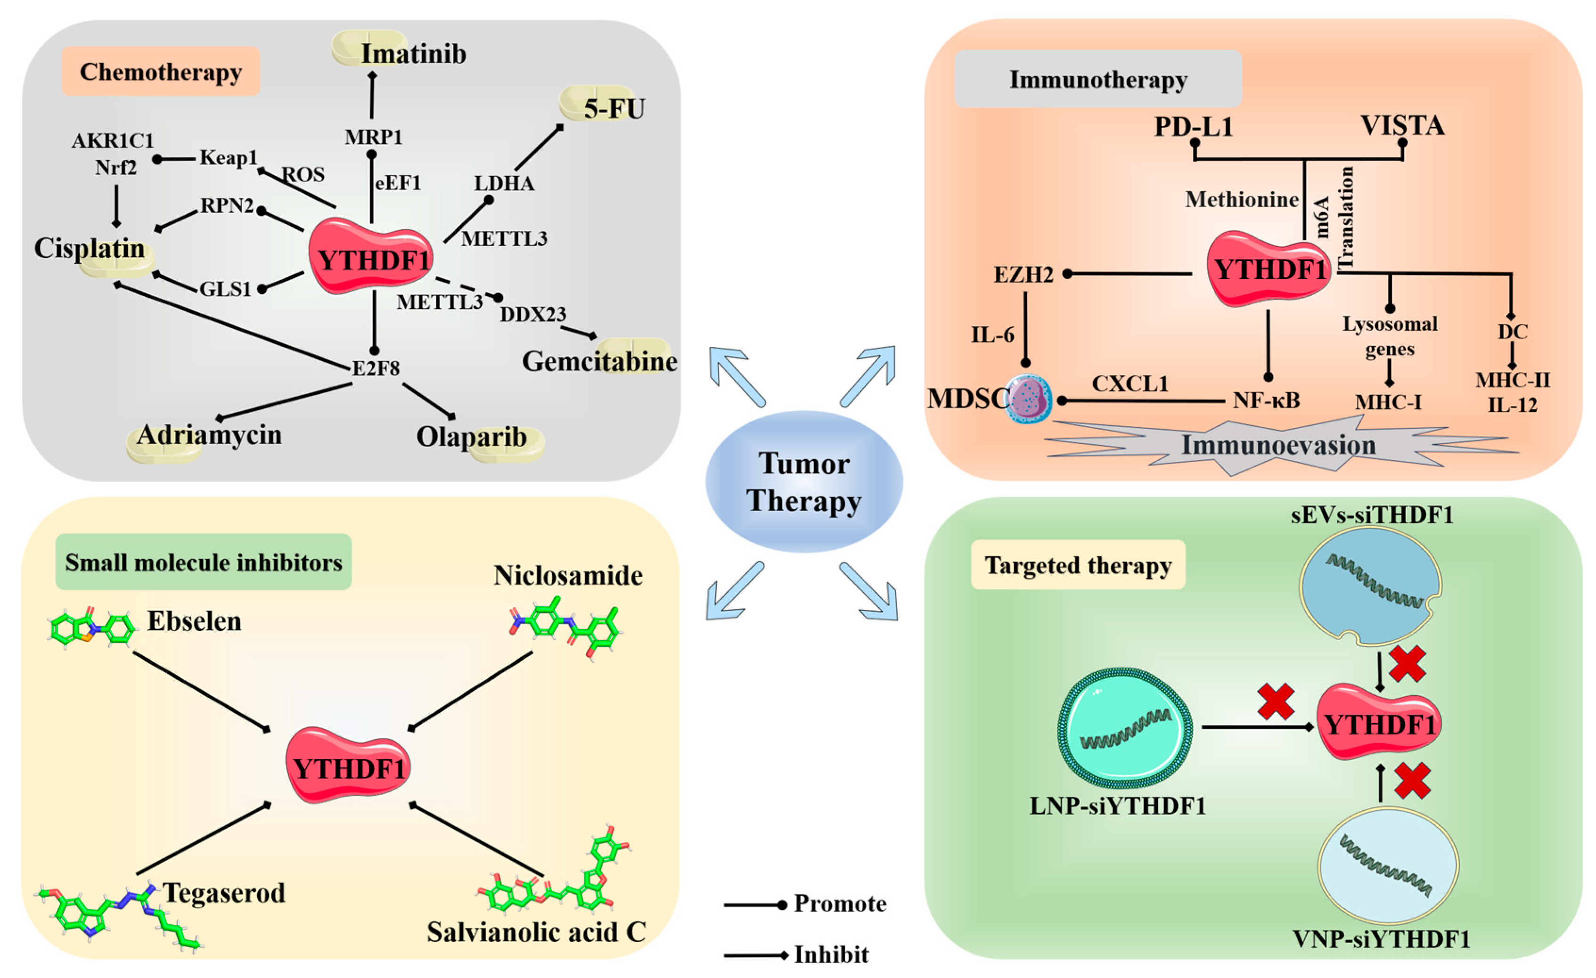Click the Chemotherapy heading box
(x=161, y=72)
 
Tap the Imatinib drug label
(x=413, y=54)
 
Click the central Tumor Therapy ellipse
(x=804, y=482)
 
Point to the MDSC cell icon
(x=1029, y=399)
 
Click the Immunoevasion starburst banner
(x=1278, y=446)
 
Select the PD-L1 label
(x=1193, y=126)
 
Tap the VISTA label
(x=1402, y=125)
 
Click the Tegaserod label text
(x=224, y=893)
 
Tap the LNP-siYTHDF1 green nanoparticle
(x=1125, y=728)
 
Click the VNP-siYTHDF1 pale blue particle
(x=1388, y=866)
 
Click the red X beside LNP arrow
(x=1276, y=702)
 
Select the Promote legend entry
(x=839, y=904)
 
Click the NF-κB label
(x=1266, y=400)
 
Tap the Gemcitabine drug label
(x=599, y=361)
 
